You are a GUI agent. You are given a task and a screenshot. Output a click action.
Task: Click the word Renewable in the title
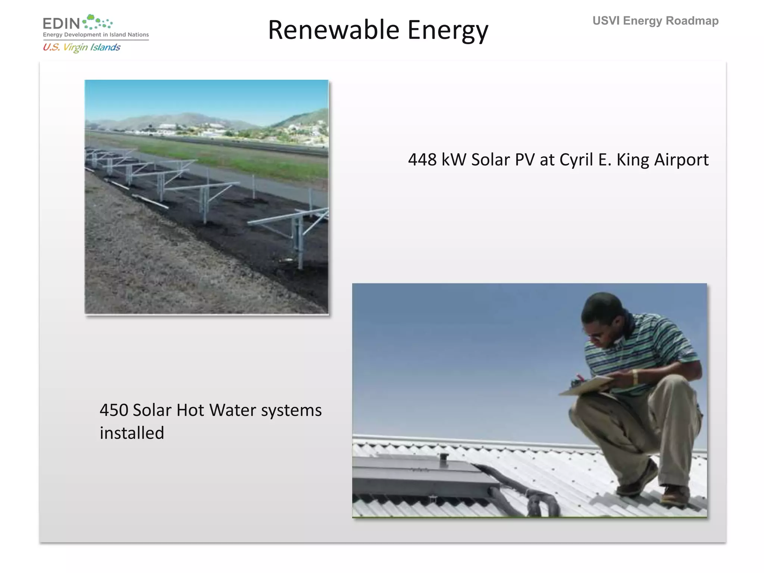(334, 30)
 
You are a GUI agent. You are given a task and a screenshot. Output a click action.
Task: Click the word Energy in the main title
(448, 30)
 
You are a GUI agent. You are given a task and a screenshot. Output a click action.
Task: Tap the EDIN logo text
(61, 24)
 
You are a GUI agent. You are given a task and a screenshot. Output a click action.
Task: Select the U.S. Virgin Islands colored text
(81, 47)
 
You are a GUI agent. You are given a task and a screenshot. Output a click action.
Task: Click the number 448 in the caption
(422, 160)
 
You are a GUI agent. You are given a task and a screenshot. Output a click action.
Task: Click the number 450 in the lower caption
(114, 410)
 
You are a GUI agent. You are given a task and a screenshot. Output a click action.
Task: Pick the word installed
(132, 433)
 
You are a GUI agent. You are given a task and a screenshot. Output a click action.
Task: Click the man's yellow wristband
(635, 376)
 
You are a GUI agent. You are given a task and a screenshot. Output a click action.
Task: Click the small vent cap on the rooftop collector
(443, 460)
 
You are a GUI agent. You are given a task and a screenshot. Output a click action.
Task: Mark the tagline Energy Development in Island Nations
(96, 35)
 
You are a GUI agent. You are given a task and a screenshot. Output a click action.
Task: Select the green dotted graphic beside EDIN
(97, 22)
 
